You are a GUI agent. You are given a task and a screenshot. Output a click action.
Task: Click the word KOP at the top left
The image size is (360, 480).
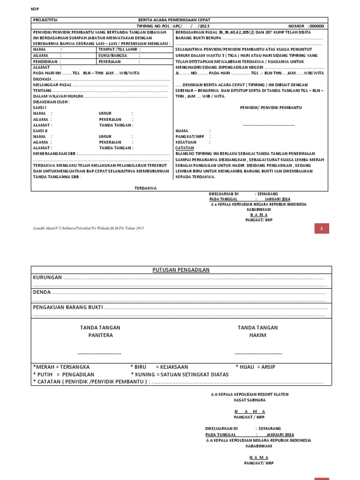coord(34,9)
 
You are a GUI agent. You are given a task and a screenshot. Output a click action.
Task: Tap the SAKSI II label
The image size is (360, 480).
coord(40,130)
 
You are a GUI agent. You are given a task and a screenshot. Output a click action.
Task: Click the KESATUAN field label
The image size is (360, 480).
coord(186,142)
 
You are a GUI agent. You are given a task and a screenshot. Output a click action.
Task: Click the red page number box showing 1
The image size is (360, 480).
coord(322,228)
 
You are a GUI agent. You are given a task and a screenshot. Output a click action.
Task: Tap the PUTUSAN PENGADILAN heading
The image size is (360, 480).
coord(181,270)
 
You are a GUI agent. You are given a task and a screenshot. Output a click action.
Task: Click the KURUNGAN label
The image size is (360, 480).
coord(47,277)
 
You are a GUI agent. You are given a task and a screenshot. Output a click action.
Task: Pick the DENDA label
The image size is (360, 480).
coord(42,292)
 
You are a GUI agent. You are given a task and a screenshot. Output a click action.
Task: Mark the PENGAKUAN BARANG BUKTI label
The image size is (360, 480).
coord(67,307)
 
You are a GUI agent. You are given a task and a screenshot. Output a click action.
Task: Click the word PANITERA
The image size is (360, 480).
coord(100,336)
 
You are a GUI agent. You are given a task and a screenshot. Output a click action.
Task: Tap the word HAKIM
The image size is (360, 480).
coord(258,336)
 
